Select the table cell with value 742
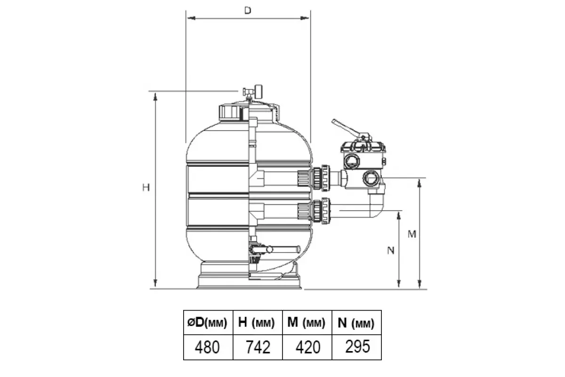pyautogui.click(x=258, y=347)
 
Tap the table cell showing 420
pyautogui.click(x=307, y=347)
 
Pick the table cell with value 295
pyautogui.click(x=357, y=347)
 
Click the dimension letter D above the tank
pyautogui.click(x=248, y=10)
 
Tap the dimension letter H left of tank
pyautogui.click(x=146, y=188)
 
